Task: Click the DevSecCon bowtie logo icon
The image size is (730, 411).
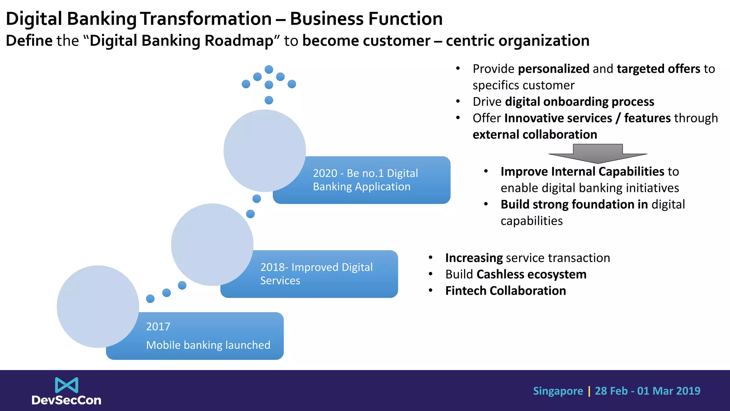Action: click(x=67, y=385)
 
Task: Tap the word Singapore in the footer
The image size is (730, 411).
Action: click(x=558, y=391)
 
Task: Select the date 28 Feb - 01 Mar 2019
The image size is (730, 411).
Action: click(x=647, y=391)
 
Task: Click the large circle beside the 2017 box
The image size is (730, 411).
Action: click(x=98, y=306)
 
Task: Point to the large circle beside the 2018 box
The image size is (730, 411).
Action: click(x=212, y=244)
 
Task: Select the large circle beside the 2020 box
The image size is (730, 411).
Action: click(x=264, y=151)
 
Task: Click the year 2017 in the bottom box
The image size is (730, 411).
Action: click(x=158, y=326)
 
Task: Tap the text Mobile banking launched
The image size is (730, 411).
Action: click(x=208, y=345)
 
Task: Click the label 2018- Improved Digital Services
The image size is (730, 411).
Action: click(x=316, y=274)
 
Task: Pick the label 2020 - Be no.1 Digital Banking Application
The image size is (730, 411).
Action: click(x=365, y=180)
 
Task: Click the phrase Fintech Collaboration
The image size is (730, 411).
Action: click(x=505, y=291)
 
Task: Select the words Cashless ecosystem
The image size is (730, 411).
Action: click(x=531, y=274)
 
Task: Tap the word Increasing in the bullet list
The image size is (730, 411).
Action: click(x=474, y=258)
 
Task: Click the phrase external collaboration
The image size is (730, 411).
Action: click(x=535, y=135)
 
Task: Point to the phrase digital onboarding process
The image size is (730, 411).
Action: click(x=580, y=102)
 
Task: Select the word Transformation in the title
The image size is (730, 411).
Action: click(x=206, y=19)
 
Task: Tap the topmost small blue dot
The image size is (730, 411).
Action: click(x=269, y=69)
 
